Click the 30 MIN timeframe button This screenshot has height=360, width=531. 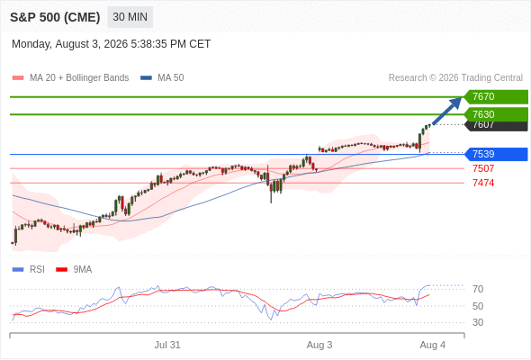pyautogui.click(x=130, y=17)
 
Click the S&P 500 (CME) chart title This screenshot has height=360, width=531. pyautogui.click(x=55, y=17)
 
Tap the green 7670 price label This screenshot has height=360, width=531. pyautogui.click(x=496, y=97)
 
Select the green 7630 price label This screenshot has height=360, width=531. pyautogui.click(x=496, y=114)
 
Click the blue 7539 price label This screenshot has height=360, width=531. pyautogui.click(x=496, y=154)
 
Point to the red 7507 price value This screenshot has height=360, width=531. pyautogui.click(x=483, y=168)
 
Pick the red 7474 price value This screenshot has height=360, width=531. pyautogui.click(x=483, y=183)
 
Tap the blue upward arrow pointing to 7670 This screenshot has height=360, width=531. pyautogui.click(x=447, y=111)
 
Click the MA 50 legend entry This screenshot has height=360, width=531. pyautogui.click(x=162, y=78)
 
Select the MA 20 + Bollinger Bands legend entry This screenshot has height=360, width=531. pyautogui.click(x=70, y=78)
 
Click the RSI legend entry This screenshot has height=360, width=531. pyautogui.click(x=29, y=270)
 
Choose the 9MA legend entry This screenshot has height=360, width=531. pyautogui.click(x=74, y=270)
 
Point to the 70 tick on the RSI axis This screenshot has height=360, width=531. pyautogui.click(x=478, y=289)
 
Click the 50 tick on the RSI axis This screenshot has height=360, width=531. pyautogui.click(x=478, y=306)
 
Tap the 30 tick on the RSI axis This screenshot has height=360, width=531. pyautogui.click(x=478, y=322)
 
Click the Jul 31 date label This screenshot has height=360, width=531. pyautogui.click(x=167, y=345)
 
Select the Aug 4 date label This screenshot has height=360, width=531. pyautogui.click(x=433, y=345)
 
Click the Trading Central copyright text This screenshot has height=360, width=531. pyautogui.click(x=455, y=78)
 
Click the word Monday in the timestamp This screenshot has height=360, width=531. pyautogui.click(x=31, y=44)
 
